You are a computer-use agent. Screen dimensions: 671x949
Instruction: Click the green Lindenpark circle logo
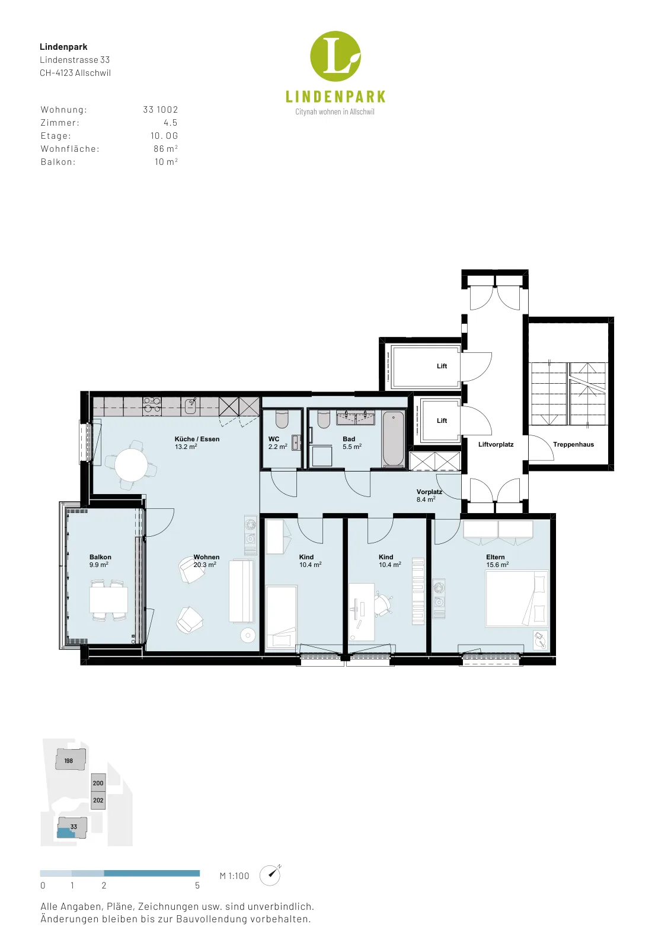[x=335, y=56]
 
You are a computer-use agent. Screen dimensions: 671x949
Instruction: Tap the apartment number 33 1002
[x=161, y=110]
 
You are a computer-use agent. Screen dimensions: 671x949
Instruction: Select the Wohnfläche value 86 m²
[x=165, y=149]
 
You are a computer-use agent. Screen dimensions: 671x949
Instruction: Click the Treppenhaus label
[x=573, y=444]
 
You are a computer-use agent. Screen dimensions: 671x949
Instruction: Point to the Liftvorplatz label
[x=496, y=444]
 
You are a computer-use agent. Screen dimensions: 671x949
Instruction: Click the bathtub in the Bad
[x=393, y=440]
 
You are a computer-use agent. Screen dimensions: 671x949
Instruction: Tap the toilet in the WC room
[x=282, y=420]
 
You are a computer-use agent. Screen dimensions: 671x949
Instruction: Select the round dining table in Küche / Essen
[x=132, y=464]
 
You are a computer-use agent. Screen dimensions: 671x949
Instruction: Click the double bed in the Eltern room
[x=517, y=598]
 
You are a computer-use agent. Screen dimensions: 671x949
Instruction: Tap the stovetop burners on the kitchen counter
[x=152, y=406]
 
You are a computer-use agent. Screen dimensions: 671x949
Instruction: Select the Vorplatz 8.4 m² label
[x=429, y=496]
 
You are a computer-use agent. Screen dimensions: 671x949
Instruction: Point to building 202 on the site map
[x=98, y=800]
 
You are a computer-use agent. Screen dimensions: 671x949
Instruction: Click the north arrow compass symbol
[x=270, y=875]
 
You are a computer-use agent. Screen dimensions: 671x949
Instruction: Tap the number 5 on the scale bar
[x=197, y=886]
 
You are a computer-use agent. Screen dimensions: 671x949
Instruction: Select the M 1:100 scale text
[x=234, y=875]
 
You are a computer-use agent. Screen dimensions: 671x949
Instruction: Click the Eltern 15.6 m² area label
[x=497, y=561]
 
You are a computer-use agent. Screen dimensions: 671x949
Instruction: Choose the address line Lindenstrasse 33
[x=75, y=60]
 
